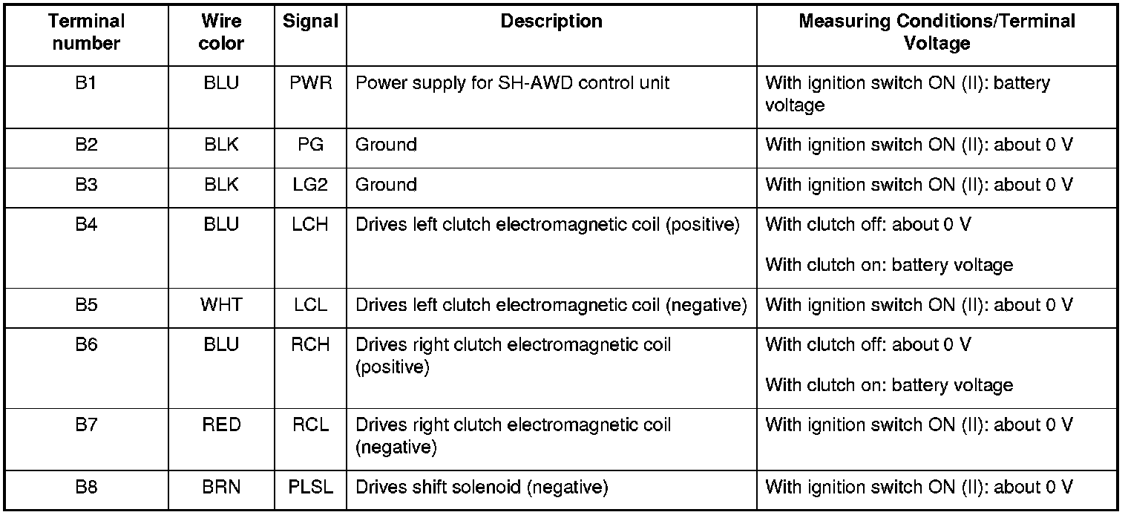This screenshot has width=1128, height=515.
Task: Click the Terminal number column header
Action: pyautogui.click(x=86, y=33)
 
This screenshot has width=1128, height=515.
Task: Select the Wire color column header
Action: pyautogui.click(x=221, y=33)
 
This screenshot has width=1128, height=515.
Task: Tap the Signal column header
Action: pyautogui.click(x=310, y=22)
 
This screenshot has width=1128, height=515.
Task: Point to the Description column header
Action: pyautogui.click(x=551, y=22)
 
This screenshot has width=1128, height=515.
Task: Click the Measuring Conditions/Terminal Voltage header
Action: pyautogui.click(x=937, y=33)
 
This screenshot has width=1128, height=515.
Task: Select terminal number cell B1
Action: pyautogui.click(x=86, y=83)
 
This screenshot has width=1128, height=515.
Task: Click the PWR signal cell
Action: pyautogui.click(x=310, y=83)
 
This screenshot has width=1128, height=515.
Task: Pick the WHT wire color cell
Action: pyautogui.click(x=221, y=305)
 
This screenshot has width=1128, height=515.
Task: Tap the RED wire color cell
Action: pyautogui.click(x=221, y=425)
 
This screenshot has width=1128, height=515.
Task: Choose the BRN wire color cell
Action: pyautogui.click(x=221, y=488)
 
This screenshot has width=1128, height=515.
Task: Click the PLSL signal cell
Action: pyautogui.click(x=310, y=488)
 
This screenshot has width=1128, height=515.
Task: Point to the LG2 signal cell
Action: pyautogui.click(x=310, y=185)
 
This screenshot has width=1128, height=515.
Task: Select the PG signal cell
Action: pyautogui.click(x=310, y=145)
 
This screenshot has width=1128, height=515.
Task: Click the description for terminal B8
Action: pyautogui.click(x=482, y=488)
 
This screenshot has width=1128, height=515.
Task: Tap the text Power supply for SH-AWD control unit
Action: pyautogui.click(x=512, y=83)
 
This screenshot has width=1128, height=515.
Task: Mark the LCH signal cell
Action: pyautogui.click(x=310, y=225)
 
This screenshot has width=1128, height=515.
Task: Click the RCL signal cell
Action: pyautogui.click(x=310, y=425)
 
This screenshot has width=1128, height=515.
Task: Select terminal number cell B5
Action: pyautogui.click(x=86, y=305)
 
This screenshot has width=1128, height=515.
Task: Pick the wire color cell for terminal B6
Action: pyautogui.click(x=221, y=345)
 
